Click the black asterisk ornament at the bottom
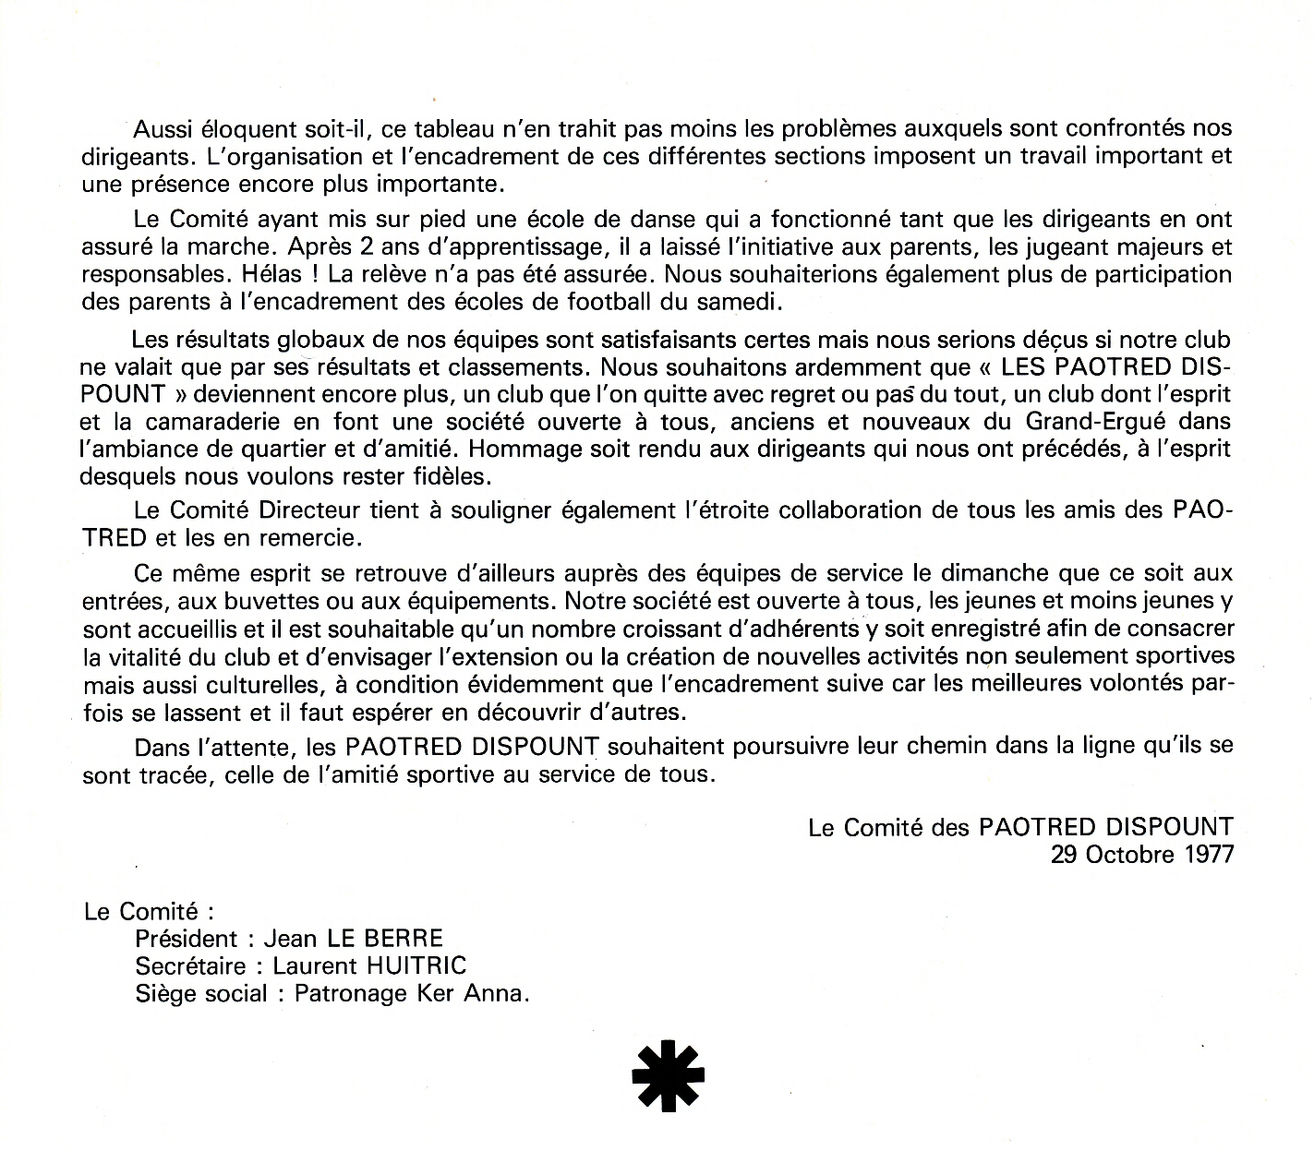[x=668, y=1075]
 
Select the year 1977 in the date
[x=1209, y=854]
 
